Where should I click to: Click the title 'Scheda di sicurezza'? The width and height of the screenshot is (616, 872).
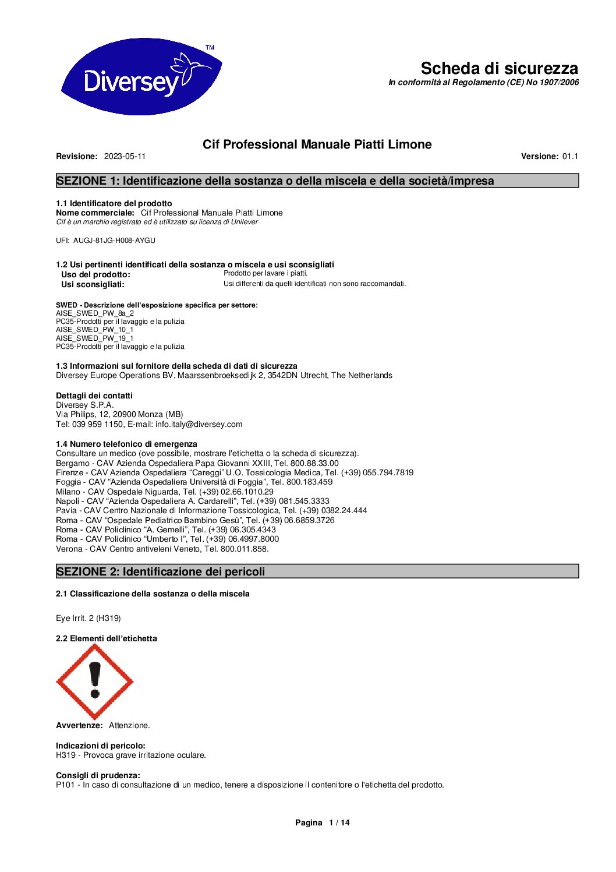click(x=499, y=68)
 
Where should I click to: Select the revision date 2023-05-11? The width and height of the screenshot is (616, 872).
click(x=125, y=156)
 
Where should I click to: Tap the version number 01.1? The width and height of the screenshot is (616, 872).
click(x=570, y=156)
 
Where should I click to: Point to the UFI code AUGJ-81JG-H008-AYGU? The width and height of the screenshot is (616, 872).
click(x=114, y=241)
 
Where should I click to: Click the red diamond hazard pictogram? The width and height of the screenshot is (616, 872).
click(x=95, y=681)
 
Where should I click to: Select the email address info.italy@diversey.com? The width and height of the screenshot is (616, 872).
click(x=199, y=424)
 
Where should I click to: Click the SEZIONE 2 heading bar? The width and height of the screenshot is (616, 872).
click(x=317, y=571)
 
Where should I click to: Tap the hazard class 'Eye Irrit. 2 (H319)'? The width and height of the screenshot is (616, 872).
click(x=88, y=618)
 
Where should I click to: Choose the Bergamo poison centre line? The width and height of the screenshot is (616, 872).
click(x=197, y=463)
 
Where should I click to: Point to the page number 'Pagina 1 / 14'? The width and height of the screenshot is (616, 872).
click(x=322, y=822)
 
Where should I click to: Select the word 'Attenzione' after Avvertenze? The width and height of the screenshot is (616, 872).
click(x=129, y=725)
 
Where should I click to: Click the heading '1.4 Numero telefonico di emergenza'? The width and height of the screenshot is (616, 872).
click(x=126, y=444)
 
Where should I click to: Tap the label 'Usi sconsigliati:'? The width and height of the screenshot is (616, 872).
click(x=93, y=284)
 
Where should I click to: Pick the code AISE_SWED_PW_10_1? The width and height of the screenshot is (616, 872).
click(x=95, y=330)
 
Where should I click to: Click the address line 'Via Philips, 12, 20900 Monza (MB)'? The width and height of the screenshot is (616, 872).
click(x=119, y=415)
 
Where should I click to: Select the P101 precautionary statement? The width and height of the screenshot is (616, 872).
click(x=250, y=785)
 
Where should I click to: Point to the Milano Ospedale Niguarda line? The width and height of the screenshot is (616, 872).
click(x=164, y=492)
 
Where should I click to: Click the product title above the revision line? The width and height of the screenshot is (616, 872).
click(x=317, y=144)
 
